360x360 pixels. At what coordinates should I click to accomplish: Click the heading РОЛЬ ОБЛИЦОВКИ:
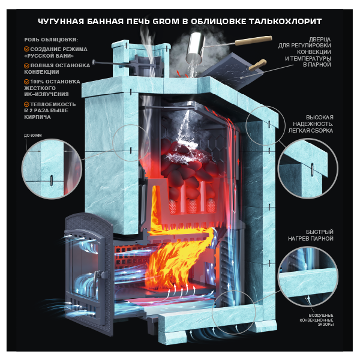tap(51, 40)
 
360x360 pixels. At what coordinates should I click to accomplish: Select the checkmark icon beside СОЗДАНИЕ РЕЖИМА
tap(26, 49)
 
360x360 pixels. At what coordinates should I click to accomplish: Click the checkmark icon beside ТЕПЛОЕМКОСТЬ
tap(26, 104)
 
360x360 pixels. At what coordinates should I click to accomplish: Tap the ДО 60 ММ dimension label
tap(32, 136)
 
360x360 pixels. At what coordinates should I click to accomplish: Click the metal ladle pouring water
tap(196, 47)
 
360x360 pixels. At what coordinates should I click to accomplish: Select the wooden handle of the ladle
tap(253, 40)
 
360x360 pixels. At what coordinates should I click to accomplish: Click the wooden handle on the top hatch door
tap(257, 65)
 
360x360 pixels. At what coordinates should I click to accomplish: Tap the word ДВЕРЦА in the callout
tap(320, 39)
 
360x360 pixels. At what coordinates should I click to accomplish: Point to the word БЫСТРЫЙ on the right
tap(319, 232)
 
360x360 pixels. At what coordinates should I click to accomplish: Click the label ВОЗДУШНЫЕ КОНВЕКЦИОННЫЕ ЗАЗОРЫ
tap(316, 320)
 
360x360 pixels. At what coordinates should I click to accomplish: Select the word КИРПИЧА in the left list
tap(37, 117)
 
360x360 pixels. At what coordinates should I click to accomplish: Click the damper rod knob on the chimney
tap(94, 62)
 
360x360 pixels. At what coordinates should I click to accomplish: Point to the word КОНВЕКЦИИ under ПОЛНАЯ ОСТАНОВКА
tap(41, 72)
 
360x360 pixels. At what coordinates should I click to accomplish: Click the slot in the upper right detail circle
tap(312, 169)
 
